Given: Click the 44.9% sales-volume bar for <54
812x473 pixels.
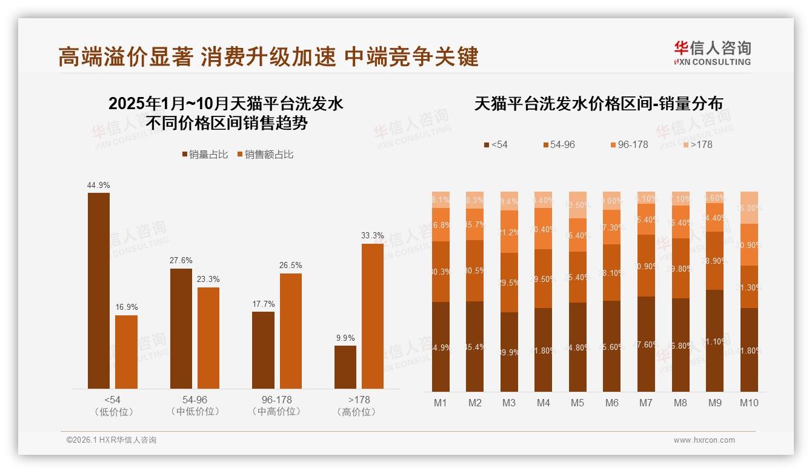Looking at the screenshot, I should tap(99, 290).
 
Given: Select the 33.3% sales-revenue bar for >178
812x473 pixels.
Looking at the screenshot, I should tap(373, 316).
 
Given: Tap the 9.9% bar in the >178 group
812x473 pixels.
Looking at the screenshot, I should tap(345, 367).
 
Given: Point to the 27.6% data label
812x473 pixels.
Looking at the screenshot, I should tap(181, 260).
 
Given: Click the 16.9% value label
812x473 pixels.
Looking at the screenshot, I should tap(127, 307).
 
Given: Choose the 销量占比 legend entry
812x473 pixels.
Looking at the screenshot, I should tap(205, 155).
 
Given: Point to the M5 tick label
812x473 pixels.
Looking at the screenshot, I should tap(577, 403).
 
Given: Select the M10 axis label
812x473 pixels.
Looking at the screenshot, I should tap(749, 403).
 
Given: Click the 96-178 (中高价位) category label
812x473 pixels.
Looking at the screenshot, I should tap(276, 406).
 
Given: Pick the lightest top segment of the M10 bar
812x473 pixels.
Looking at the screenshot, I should tap(749, 207).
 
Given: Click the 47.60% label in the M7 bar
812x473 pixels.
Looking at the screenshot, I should tap(647, 344).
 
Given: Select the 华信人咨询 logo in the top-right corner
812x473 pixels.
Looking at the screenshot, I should tap(712, 53).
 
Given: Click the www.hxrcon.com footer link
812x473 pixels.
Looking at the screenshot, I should tap(704, 440).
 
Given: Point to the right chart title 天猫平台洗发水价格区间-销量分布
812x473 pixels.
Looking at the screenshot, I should tap(598, 104).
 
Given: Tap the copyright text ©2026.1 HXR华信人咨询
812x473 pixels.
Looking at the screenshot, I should tap(111, 440).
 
